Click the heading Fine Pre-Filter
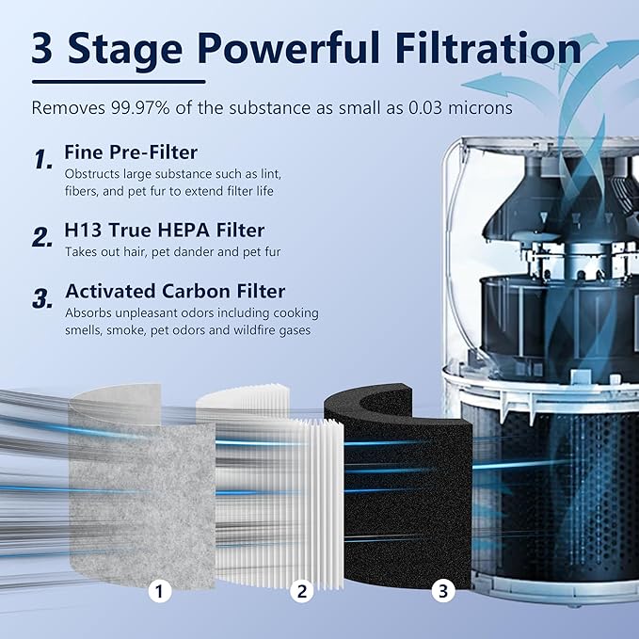131,152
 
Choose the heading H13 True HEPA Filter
164,230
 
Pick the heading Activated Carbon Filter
174,291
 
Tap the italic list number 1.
43,161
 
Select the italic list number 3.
42,300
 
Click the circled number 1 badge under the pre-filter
161,592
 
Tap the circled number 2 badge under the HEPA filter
301,592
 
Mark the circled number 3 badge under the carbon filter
442,592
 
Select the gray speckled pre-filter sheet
141,489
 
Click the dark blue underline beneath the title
118,81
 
